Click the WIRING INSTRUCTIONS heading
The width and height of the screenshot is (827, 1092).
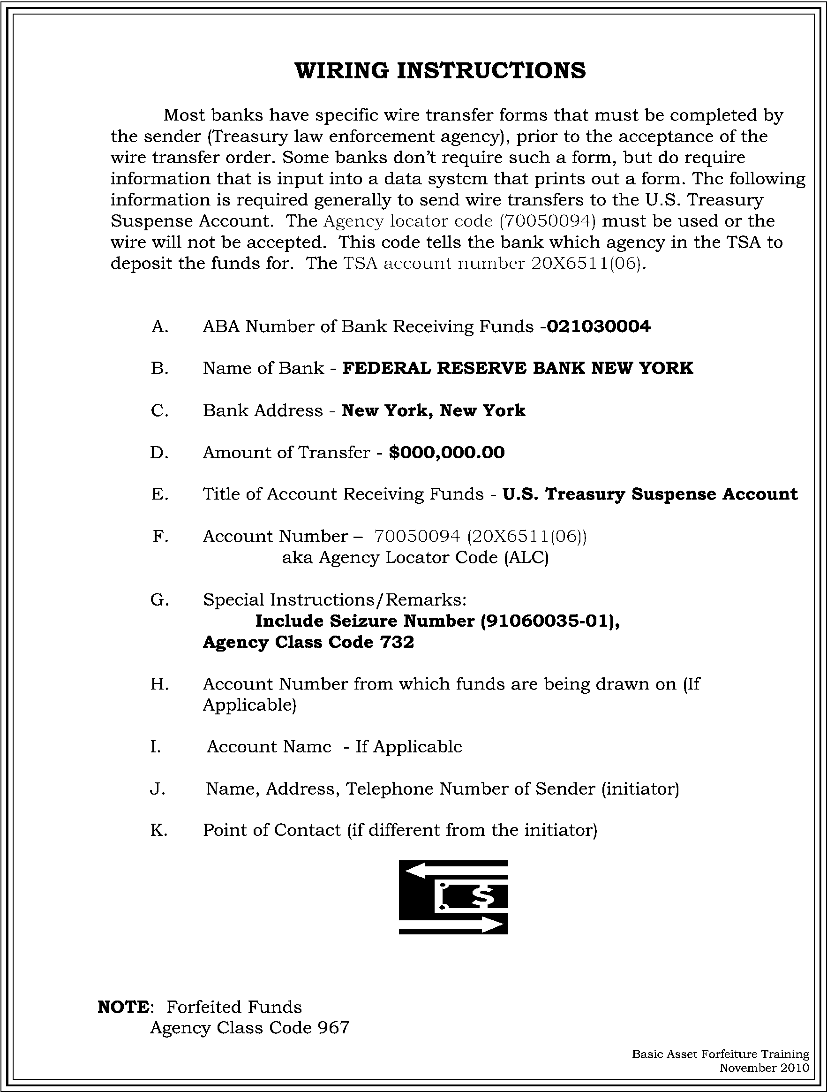[440, 70]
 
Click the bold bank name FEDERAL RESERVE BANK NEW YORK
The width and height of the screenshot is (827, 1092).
[518, 368]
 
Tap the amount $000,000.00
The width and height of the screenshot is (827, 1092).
[447, 452]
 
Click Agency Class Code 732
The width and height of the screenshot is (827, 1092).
[308, 642]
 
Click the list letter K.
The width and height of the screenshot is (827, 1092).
[159, 830]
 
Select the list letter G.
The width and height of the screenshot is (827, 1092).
[159, 600]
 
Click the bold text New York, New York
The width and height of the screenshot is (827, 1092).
[433, 410]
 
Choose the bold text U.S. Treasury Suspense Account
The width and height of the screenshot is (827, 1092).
[649, 494]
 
